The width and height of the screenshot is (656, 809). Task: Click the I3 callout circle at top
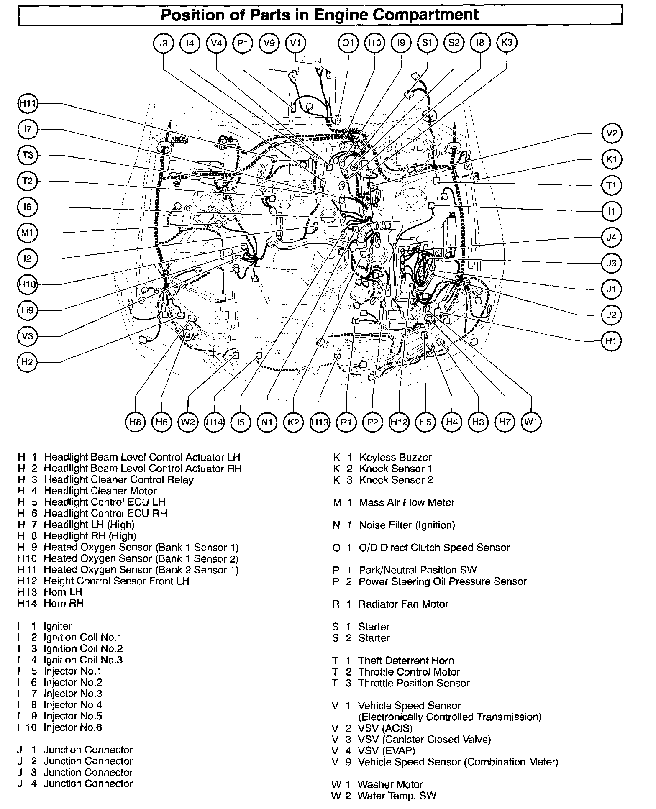pos(164,43)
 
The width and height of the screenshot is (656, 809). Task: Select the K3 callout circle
pos(507,43)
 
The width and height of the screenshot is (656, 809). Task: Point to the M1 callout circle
pos(28,233)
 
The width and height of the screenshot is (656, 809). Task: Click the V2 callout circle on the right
pos(612,133)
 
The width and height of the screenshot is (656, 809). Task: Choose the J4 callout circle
pos(612,237)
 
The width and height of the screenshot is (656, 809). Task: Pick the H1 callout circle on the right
pos(612,341)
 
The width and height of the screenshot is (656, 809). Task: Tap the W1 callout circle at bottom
pos(531,422)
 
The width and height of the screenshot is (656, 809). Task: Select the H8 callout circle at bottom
pos(135,422)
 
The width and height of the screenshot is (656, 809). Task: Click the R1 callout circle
pos(346,422)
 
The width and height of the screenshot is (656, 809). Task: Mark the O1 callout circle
pos(348,43)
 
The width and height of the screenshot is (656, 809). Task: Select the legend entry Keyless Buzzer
pos(395,458)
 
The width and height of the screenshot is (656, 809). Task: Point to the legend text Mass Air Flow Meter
pos(407,503)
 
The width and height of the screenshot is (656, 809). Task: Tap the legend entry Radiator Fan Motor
pos(403,604)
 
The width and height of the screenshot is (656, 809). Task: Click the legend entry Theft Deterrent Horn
pos(406,661)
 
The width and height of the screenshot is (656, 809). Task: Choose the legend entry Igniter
pos(58,626)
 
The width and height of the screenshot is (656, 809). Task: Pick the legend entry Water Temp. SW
pos(397,796)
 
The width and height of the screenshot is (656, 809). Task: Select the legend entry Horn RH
pos(64,604)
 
